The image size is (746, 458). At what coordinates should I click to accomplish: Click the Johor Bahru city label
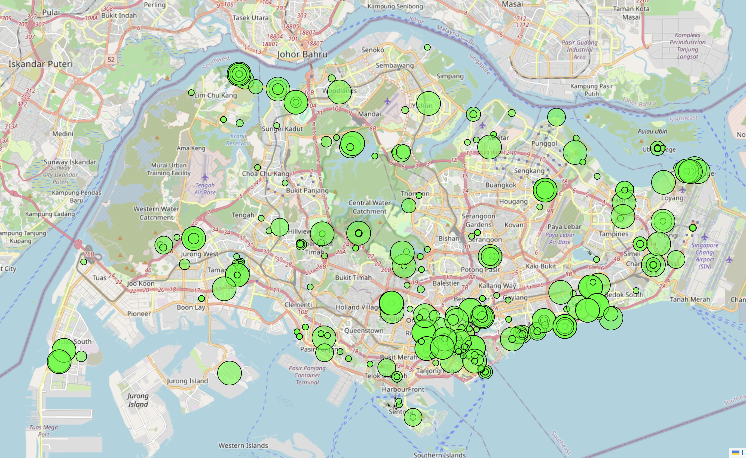point(302,54)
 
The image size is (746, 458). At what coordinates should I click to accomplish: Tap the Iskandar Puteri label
point(41,64)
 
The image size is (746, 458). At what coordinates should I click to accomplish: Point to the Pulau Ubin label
point(652,132)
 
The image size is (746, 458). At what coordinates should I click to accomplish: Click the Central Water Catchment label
point(369,207)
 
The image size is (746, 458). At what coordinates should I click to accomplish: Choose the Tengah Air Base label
point(205,188)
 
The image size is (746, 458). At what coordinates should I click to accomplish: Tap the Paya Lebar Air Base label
point(560,238)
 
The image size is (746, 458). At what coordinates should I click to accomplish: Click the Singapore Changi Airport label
point(704,256)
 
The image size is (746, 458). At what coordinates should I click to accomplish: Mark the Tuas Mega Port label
point(44,430)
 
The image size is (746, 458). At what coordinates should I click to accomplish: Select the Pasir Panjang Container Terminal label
point(307,375)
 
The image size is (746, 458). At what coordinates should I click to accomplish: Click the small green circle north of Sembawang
point(427,47)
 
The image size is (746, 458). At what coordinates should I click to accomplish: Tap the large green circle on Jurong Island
point(230,373)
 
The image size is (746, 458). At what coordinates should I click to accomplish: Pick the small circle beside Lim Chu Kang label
point(191,93)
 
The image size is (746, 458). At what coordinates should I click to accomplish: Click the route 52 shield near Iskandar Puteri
point(111,59)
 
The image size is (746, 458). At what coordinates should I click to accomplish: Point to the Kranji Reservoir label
point(238,140)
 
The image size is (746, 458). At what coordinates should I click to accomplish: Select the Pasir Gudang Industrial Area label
point(580,49)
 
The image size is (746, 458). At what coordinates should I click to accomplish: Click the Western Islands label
point(243,445)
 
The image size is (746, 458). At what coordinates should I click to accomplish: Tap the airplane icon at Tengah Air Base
point(205,177)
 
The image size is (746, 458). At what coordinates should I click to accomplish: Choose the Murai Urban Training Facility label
point(169,169)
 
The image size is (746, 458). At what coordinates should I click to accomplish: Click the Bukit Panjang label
point(307,190)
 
